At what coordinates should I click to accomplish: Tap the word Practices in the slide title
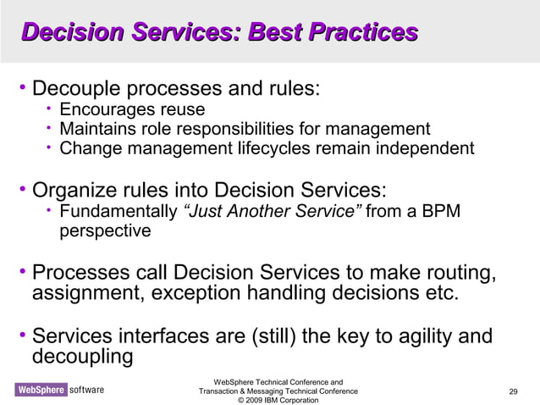369,33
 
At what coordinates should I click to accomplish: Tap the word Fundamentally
118,211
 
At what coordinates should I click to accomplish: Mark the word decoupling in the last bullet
82,357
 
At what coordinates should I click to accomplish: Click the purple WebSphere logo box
39,390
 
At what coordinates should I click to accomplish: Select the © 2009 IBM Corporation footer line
278,400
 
